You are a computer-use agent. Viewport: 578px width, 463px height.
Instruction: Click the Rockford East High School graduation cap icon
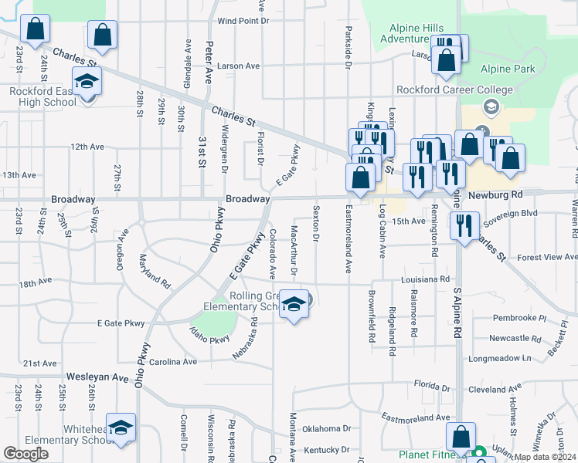(x=87, y=79)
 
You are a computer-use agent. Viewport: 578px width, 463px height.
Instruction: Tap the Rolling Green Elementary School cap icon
(x=294, y=305)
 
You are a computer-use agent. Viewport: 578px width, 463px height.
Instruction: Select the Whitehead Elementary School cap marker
(x=121, y=428)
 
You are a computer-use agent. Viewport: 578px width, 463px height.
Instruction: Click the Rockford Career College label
(x=455, y=90)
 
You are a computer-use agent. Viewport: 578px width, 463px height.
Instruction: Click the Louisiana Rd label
(x=424, y=279)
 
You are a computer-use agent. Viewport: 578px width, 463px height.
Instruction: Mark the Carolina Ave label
(x=174, y=361)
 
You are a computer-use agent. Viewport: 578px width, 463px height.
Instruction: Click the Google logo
(x=25, y=454)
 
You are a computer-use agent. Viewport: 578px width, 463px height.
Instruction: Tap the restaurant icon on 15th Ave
(x=464, y=225)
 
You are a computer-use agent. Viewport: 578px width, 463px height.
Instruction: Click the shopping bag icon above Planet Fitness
(x=461, y=437)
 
